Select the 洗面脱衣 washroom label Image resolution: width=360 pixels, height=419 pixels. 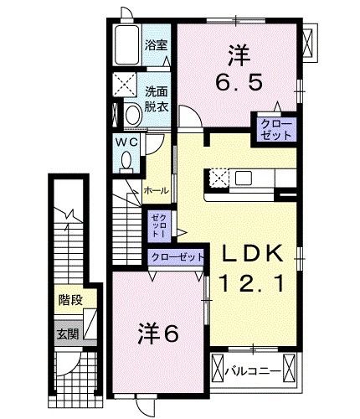click(x=156, y=99)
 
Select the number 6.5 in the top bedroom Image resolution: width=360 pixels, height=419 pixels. click(x=236, y=82)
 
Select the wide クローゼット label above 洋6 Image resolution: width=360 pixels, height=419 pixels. click(x=176, y=256)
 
